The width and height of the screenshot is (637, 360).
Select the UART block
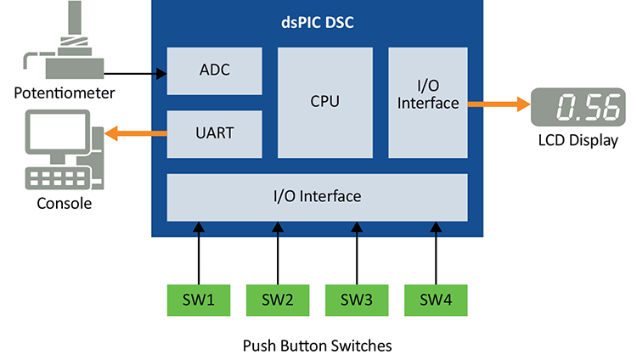coord(214,133)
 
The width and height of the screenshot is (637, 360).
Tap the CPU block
coord(324,102)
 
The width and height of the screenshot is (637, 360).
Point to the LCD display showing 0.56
coord(573,108)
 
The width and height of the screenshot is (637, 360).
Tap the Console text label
coord(64,204)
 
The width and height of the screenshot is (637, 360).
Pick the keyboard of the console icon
coord(59,177)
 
